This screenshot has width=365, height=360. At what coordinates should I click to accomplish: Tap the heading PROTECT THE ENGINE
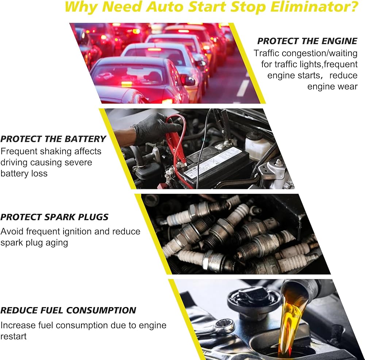[307, 41]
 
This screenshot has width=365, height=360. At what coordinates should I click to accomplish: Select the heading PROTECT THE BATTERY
[53, 139]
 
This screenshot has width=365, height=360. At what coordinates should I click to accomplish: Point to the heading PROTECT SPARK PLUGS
[54, 217]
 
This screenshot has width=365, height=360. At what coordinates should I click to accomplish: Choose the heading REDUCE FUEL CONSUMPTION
[68, 310]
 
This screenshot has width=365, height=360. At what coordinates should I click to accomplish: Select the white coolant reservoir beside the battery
[258, 143]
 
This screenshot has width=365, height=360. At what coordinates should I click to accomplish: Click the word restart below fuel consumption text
[14, 337]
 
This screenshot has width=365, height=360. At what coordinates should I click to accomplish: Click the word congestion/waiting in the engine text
[319, 53]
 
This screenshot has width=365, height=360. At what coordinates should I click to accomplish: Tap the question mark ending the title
[355, 7]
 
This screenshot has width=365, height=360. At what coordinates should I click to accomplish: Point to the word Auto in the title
[165, 7]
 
